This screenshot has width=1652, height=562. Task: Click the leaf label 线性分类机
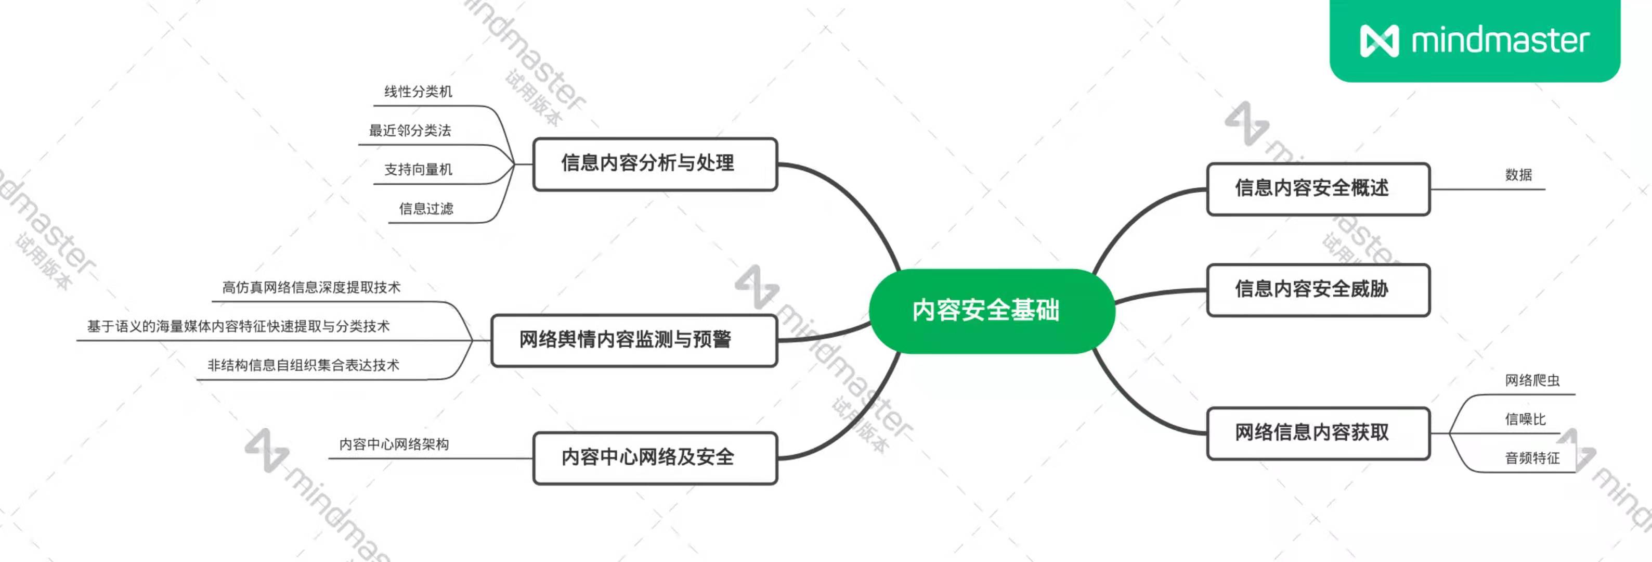pyautogui.click(x=418, y=92)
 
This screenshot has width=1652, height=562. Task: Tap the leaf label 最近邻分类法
pyautogui.click(x=410, y=131)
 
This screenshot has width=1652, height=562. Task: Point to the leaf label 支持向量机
pyautogui.click(x=418, y=169)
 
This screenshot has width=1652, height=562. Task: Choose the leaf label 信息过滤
pyautogui.click(x=426, y=209)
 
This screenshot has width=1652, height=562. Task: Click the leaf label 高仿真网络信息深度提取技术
pyautogui.click(x=311, y=287)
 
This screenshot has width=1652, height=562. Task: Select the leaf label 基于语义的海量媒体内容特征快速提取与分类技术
pyautogui.click(x=239, y=327)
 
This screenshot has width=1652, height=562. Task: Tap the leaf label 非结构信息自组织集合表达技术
pyautogui.click(x=303, y=366)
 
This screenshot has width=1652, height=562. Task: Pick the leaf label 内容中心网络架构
pyautogui.click(x=394, y=444)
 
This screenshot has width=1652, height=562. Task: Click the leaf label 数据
pyautogui.click(x=1518, y=174)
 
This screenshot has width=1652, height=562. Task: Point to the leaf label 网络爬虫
pyautogui.click(x=1532, y=380)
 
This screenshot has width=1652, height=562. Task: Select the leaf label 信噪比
pyautogui.click(x=1525, y=419)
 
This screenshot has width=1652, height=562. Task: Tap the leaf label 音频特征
pyautogui.click(x=1532, y=458)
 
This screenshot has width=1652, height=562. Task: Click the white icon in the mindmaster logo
pyautogui.click(x=1379, y=41)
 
